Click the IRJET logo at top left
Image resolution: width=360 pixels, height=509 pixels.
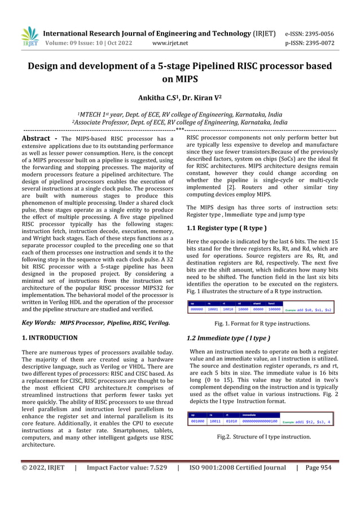point(29,36)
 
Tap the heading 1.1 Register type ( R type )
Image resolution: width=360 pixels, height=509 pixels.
point(226,228)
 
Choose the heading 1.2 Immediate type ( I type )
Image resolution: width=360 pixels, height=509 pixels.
point(227,339)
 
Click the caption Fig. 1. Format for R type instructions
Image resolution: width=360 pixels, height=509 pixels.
point(262,324)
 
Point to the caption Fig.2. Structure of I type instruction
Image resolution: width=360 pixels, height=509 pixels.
point(264,437)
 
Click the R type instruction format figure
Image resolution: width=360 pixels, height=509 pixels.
point(261,308)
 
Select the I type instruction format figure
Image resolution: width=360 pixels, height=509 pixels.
point(261,419)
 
